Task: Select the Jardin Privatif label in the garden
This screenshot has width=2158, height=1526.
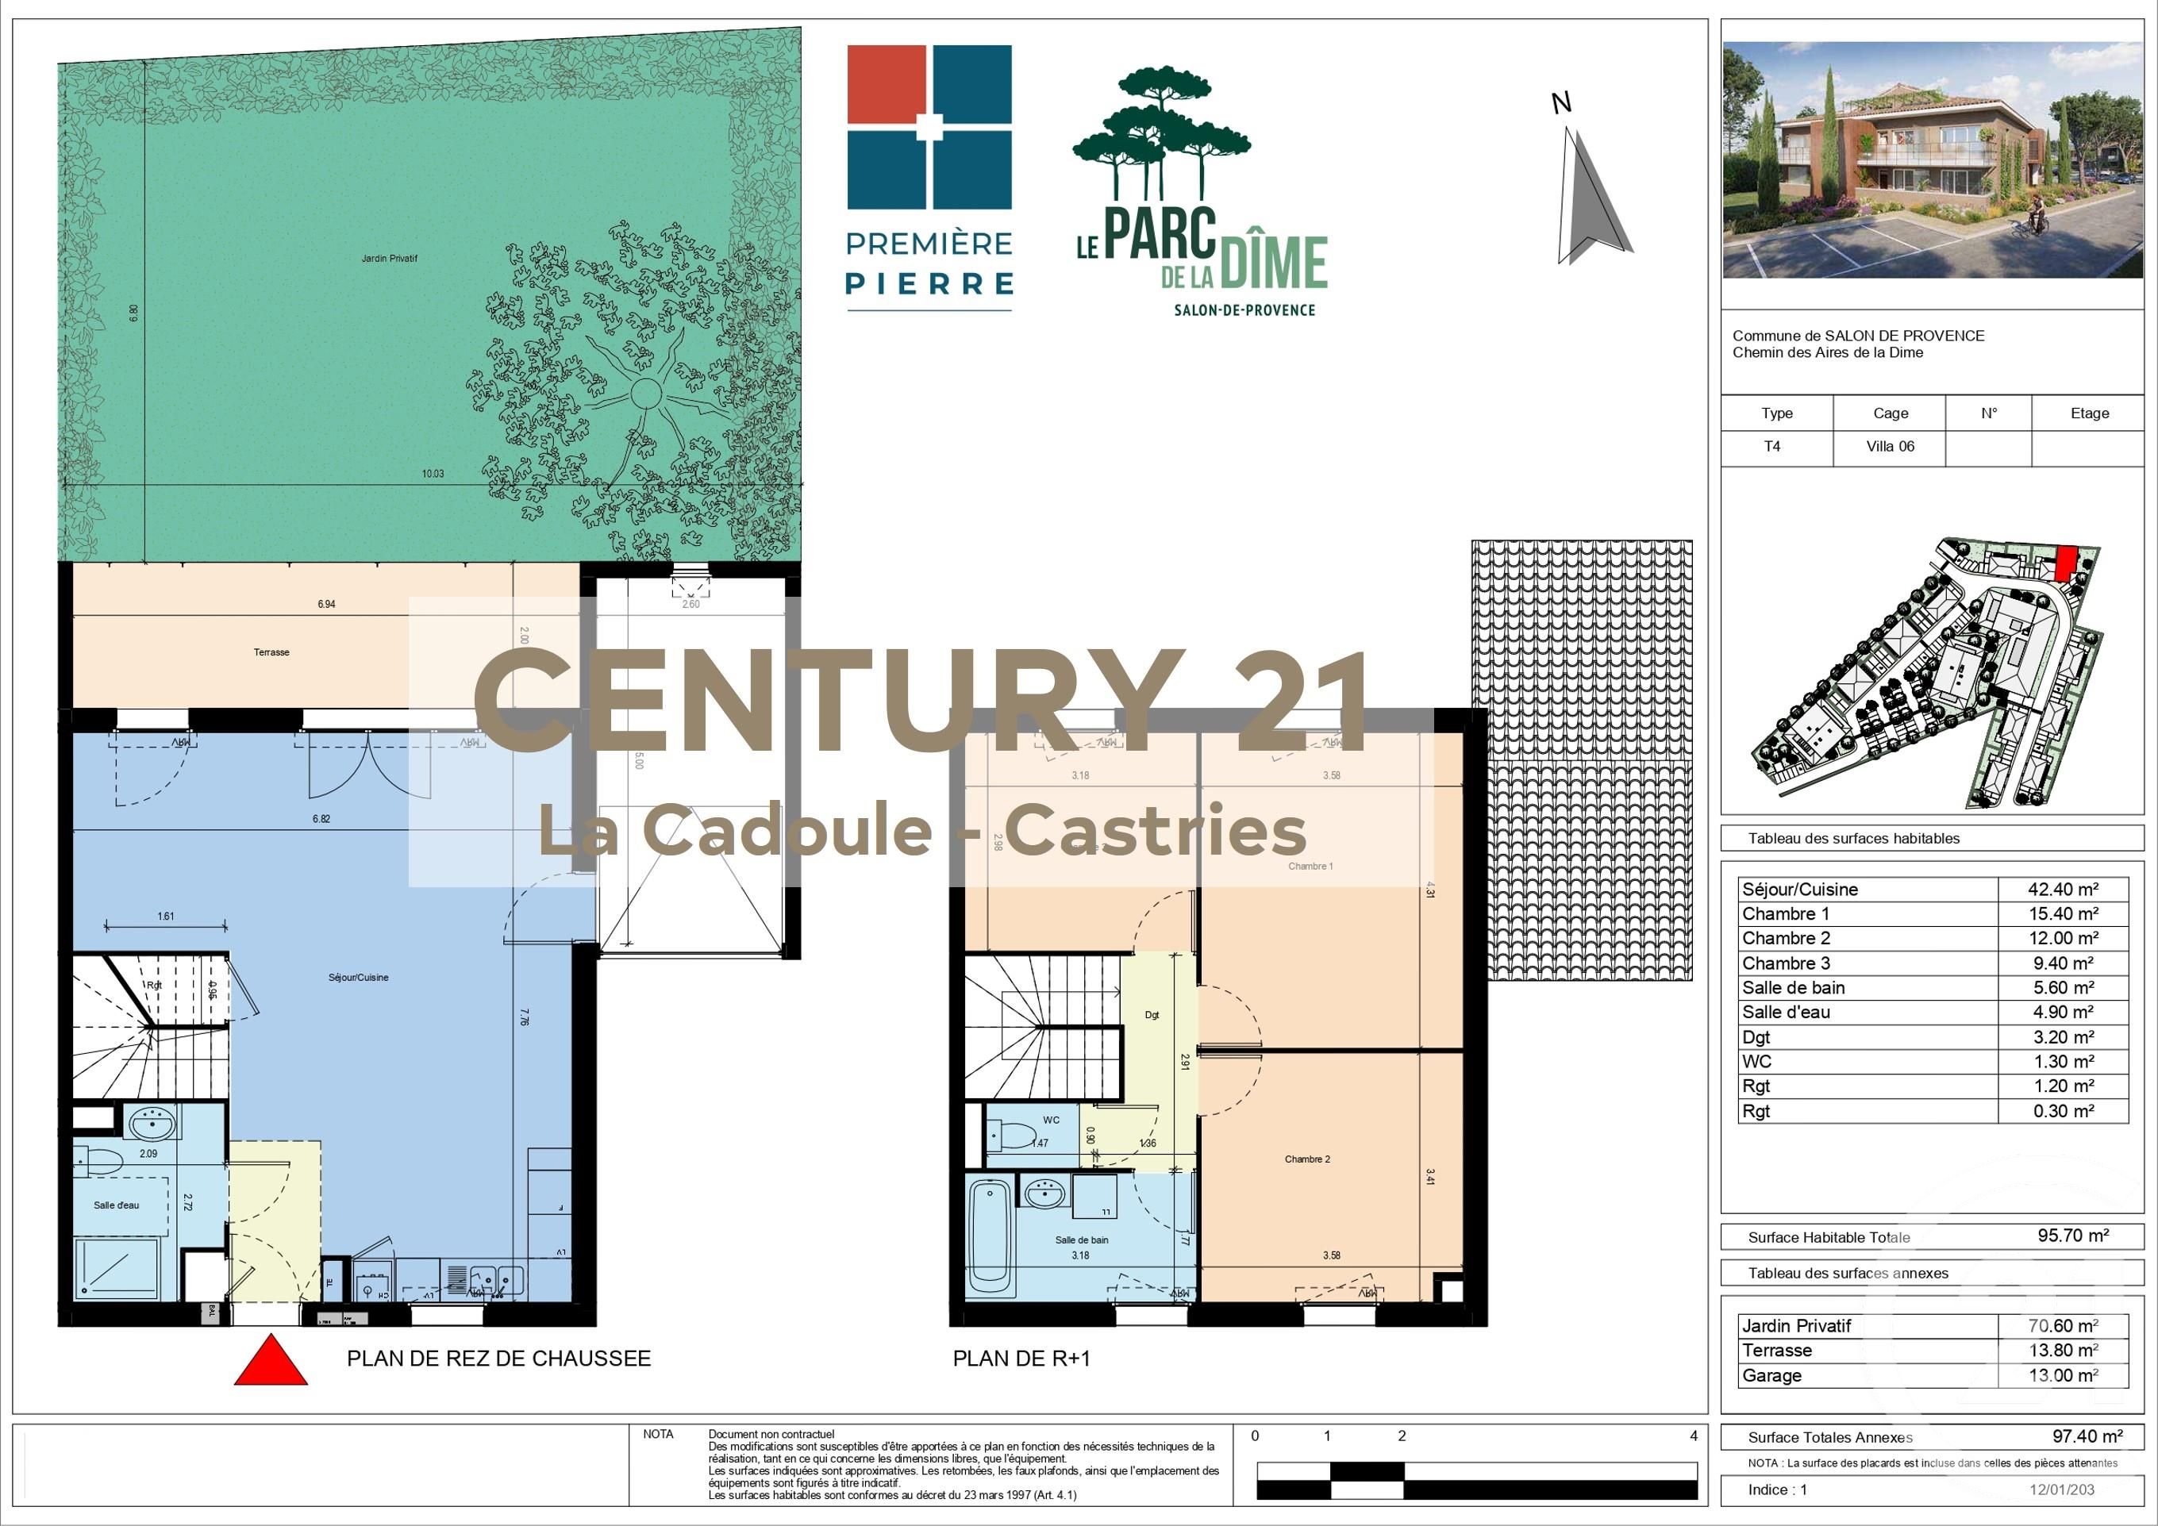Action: pyautogui.click(x=389, y=259)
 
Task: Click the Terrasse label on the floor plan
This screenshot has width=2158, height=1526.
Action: pyautogui.click(x=271, y=652)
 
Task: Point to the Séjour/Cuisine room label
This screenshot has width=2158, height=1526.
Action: pyautogui.click(x=358, y=977)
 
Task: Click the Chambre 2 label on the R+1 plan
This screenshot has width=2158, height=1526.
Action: pyautogui.click(x=1307, y=1159)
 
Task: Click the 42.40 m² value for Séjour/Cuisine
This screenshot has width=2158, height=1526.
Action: pyautogui.click(x=2063, y=889)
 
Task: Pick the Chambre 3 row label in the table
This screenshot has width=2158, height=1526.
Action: pyautogui.click(x=1786, y=963)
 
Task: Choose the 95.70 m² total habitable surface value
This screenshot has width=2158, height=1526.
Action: pyautogui.click(x=2072, y=1236)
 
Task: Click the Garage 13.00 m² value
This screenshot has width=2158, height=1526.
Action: pyautogui.click(x=2063, y=1376)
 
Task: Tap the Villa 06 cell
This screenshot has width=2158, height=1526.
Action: pyautogui.click(x=1890, y=446)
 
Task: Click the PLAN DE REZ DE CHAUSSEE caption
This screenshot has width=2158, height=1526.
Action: pyautogui.click(x=498, y=1359)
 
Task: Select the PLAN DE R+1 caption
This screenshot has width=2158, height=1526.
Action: pyautogui.click(x=1021, y=1359)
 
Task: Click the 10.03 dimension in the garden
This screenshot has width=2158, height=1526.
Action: pyautogui.click(x=433, y=475)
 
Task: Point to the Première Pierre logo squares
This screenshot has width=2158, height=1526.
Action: pyautogui.click(x=929, y=127)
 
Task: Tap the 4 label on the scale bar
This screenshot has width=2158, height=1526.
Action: pyautogui.click(x=1694, y=1436)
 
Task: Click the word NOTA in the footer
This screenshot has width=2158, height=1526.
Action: pyautogui.click(x=658, y=1435)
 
